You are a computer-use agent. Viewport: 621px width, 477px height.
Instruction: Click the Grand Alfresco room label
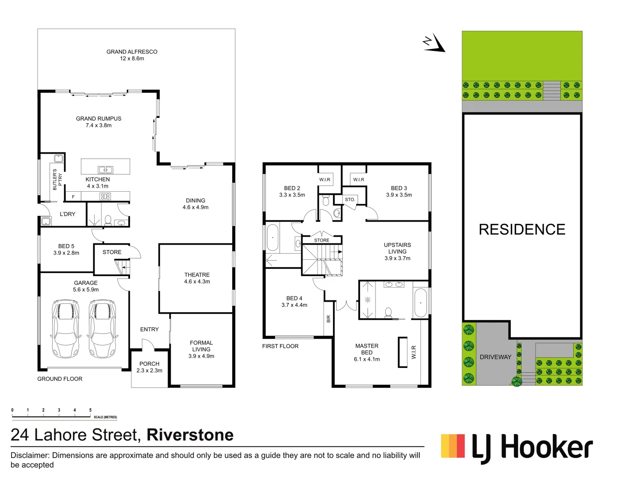tap(132, 55)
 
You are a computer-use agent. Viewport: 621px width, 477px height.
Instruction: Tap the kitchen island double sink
tap(105, 170)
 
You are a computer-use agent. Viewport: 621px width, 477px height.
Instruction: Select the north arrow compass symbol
tap(435, 43)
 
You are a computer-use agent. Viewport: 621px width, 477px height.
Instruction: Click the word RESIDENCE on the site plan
tap(522, 230)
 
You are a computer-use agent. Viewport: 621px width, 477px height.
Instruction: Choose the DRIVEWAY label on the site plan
tap(495, 357)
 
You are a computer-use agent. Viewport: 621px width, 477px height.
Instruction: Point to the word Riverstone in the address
tap(190, 435)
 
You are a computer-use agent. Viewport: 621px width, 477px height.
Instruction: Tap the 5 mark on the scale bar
tap(90, 410)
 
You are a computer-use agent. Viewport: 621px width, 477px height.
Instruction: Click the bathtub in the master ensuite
tap(420, 303)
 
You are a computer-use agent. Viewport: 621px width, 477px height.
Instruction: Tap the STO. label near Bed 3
tap(350, 200)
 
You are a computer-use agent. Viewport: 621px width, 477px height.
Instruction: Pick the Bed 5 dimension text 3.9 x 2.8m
tap(66, 253)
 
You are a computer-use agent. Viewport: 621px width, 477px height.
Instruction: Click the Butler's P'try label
tap(57, 179)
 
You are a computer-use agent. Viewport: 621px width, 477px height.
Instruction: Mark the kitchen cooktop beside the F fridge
tap(105, 197)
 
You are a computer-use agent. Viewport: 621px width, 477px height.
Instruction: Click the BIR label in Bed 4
tap(329, 318)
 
